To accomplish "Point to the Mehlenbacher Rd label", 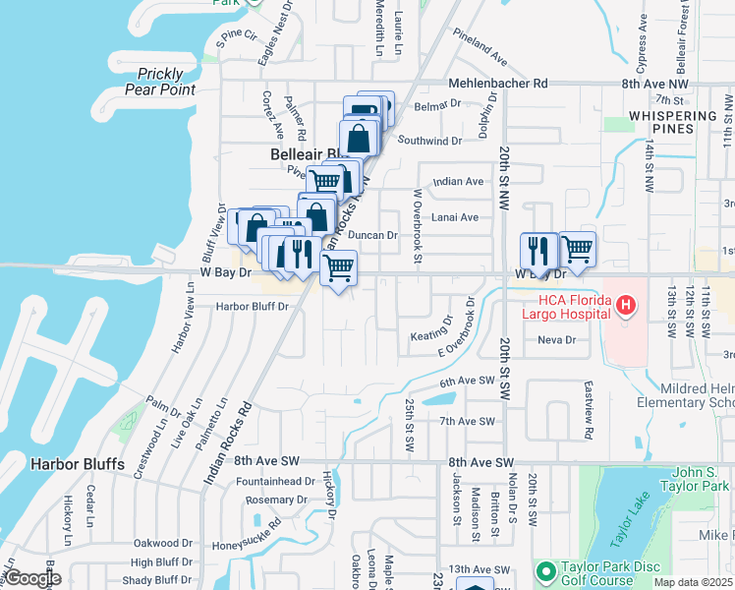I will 497,85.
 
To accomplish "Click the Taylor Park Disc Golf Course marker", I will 545,571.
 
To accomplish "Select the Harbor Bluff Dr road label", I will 253,307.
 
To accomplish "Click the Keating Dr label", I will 432,328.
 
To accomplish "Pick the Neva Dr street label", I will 556,339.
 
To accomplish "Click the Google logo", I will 33,577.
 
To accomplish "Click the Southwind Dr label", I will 429,142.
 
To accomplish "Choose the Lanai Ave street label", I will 456,217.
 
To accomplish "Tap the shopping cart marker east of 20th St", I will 578,250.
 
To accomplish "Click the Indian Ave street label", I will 459,182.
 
